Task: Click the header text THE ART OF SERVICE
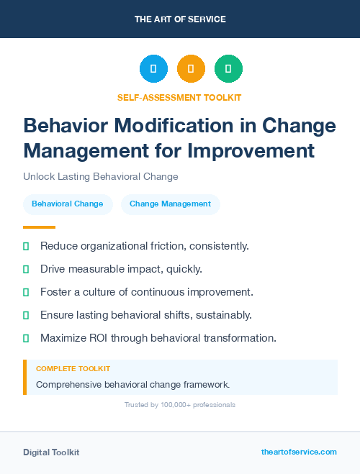click(x=180, y=19)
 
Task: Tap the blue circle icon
click(x=153, y=69)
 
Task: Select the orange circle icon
click(x=191, y=69)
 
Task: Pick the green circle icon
click(x=228, y=69)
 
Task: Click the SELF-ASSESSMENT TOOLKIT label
click(x=179, y=97)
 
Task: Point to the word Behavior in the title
click(x=69, y=126)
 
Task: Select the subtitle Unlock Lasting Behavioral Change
click(x=100, y=176)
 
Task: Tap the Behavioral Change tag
click(x=68, y=204)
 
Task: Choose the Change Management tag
click(x=170, y=204)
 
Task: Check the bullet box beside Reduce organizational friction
click(x=26, y=247)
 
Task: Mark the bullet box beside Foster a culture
click(x=26, y=292)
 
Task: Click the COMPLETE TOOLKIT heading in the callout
click(x=73, y=368)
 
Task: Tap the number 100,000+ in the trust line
click(x=174, y=405)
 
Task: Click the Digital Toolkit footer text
click(x=51, y=452)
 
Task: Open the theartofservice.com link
click(x=299, y=452)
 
